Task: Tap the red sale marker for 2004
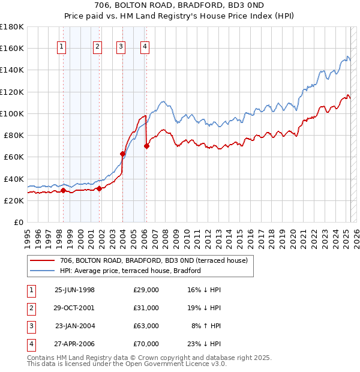pos(122,154)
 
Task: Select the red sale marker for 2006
pos(146,146)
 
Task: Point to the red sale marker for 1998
pos(63,190)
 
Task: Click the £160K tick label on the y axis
pos(12,48)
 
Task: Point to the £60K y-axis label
pos(14,157)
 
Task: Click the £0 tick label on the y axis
pos(19,222)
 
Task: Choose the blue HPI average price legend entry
pos(130,271)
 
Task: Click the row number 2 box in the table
pos(31,308)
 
